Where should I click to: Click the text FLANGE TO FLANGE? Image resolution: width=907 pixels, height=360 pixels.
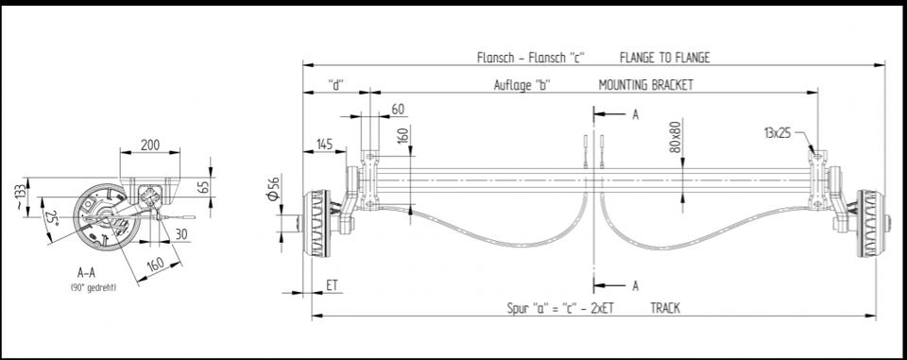(x=664, y=58)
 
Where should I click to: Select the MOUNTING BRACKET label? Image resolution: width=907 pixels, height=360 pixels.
(x=645, y=85)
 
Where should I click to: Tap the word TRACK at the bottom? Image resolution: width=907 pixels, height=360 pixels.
(x=665, y=308)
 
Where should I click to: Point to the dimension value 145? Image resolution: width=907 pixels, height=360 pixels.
(x=324, y=145)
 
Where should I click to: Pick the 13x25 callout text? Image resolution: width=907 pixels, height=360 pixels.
(x=778, y=133)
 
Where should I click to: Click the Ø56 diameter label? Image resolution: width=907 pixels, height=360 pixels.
(x=274, y=187)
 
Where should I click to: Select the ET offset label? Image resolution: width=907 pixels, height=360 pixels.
(x=332, y=284)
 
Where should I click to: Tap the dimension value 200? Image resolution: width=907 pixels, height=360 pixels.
(x=150, y=145)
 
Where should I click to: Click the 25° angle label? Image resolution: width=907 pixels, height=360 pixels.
(x=52, y=218)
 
